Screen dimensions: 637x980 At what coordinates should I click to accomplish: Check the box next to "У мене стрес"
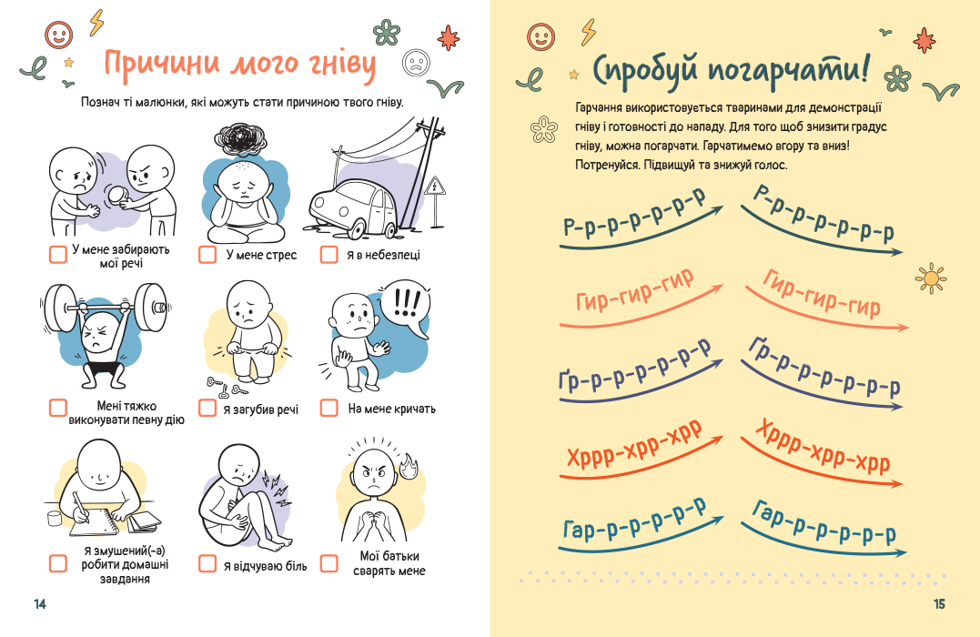coord(207,255)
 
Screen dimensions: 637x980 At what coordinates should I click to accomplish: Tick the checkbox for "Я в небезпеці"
coord(329,255)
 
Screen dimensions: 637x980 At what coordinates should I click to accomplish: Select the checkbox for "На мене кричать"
coord(329,409)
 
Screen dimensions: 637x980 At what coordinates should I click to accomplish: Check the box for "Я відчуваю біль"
coord(207,564)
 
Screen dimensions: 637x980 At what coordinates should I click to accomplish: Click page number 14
coord(39,604)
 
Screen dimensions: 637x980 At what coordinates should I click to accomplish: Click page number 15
coord(940,604)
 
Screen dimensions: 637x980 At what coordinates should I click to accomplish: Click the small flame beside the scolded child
coord(407,466)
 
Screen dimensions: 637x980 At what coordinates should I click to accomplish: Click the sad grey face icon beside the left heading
coord(416,61)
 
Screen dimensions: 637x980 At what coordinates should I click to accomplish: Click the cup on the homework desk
coord(53,517)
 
